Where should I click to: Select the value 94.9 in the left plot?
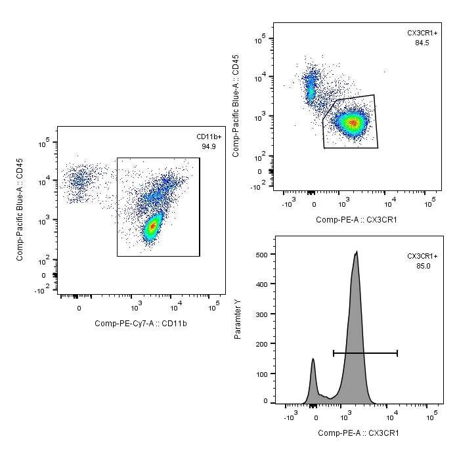[x=209, y=146]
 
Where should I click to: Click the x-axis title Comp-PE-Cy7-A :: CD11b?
[x=141, y=323]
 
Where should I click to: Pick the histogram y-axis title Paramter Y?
[x=238, y=318]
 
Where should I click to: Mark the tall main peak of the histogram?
[x=356, y=253]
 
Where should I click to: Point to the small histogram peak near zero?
[x=313, y=360]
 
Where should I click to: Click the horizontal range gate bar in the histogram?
[x=365, y=353]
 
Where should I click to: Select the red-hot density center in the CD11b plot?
[x=152, y=226]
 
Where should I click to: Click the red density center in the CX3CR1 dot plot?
[x=353, y=122]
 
